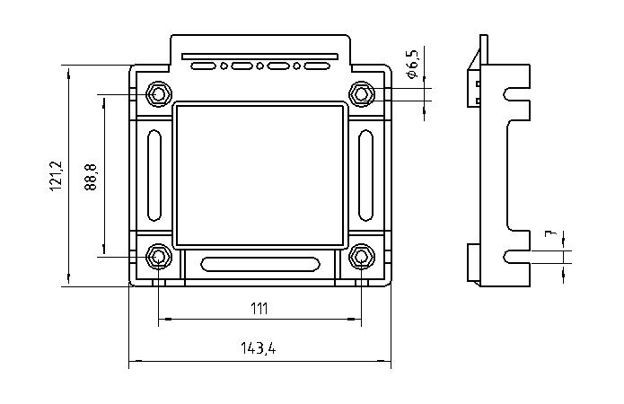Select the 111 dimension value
(x=259, y=308)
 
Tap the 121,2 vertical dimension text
(x=55, y=175)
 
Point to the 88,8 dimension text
(x=91, y=176)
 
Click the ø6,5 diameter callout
(x=412, y=66)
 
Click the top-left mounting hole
(x=159, y=93)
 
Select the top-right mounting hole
(x=361, y=93)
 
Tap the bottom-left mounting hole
(x=159, y=257)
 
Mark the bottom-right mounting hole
(x=361, y=257)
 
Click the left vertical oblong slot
(x=152, y=175)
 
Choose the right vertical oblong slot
(x=367, y=175)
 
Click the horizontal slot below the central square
(x=259, y=264)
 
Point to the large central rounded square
(x=259, y=175)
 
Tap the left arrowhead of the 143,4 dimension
(x=134, y=363)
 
